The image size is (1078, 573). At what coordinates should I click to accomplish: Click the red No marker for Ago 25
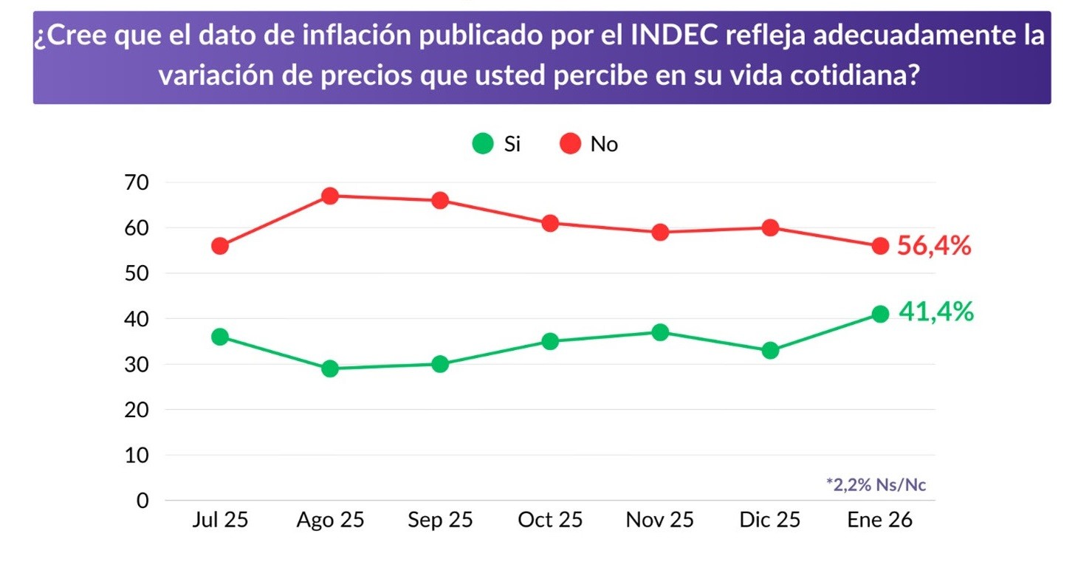click(x=330, y=196)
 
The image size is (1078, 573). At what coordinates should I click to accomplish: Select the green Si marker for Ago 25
click(x=330, y=368)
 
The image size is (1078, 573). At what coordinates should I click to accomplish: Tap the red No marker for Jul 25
click(x=219, y=246)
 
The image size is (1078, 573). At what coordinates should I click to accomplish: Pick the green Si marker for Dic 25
click(x=770, y=351)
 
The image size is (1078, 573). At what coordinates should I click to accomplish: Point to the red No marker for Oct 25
click(x=550, y=223)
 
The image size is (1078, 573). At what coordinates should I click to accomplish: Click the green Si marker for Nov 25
click(x=660, y=332)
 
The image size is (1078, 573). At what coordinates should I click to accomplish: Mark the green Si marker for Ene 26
click(x=880, y=314)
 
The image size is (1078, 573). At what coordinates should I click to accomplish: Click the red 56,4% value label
click(x=934, y=247)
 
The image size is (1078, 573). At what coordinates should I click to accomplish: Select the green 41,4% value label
click(x=935, y=312)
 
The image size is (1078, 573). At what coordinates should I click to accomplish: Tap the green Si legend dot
click(x=483, y=144)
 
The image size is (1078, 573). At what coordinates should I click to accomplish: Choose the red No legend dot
click(x=571, y=144)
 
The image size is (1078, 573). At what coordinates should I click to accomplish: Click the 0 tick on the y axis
click(x=143, y=501)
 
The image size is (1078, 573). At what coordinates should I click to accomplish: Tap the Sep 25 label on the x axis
click(x=440, y=520)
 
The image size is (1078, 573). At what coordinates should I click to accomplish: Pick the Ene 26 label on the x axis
click(x=880, y=520)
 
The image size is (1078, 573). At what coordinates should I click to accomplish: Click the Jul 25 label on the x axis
click(x=219, y=520)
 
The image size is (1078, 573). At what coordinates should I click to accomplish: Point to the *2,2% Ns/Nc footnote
click(x=876, y=485)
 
